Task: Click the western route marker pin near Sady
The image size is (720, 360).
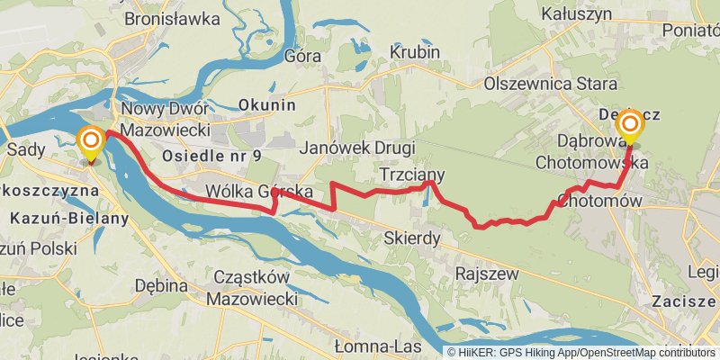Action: click(90, 143)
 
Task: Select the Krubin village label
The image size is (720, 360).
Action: click(415, 53)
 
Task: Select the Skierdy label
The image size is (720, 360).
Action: click(410, 238)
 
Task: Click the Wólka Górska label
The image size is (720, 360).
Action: click(258, 192)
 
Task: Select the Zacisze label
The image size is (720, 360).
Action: click(687, 300)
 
